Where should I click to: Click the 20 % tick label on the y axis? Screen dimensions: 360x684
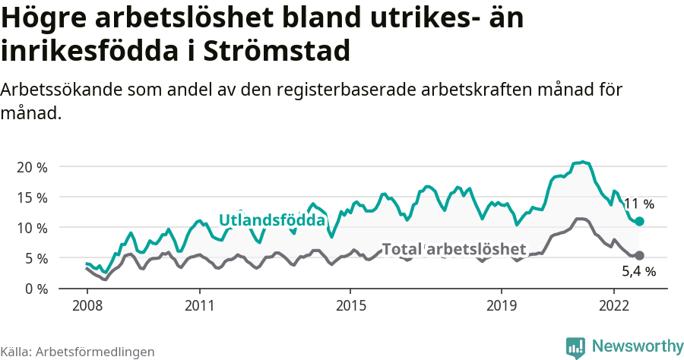click(x=32, y=167)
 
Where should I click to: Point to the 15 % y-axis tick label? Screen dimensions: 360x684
click(x=32, y=197)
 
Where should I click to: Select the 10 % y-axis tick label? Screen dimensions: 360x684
click(x=32, y=228)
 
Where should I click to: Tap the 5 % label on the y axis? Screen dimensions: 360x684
click(x=35, y=258)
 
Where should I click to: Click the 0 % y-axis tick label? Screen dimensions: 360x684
click(x=35, y=289)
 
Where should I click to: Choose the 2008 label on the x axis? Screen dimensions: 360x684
click(x=87, y=305)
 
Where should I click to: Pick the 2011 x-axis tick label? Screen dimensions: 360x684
click(x=199, y=305)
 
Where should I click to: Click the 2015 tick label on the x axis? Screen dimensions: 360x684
click(x=350, y=305)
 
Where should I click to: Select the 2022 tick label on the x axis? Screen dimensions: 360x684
click(x=613, y=305)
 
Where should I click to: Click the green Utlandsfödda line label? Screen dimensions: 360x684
click(x=272, y=220)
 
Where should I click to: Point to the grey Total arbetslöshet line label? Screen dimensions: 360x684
click(x=454, y=249)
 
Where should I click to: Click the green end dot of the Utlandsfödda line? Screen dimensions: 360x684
click(x=639, y=221)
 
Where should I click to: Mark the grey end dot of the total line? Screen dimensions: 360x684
click(x=639, y=256)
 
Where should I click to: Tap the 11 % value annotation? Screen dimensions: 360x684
click(x=638, y=204)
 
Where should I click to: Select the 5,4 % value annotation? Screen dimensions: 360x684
click(x=638, y=271)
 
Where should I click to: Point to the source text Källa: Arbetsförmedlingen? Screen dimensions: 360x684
click(x=78, y=352)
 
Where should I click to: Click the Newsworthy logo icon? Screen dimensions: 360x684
click(x=575, y=346)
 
